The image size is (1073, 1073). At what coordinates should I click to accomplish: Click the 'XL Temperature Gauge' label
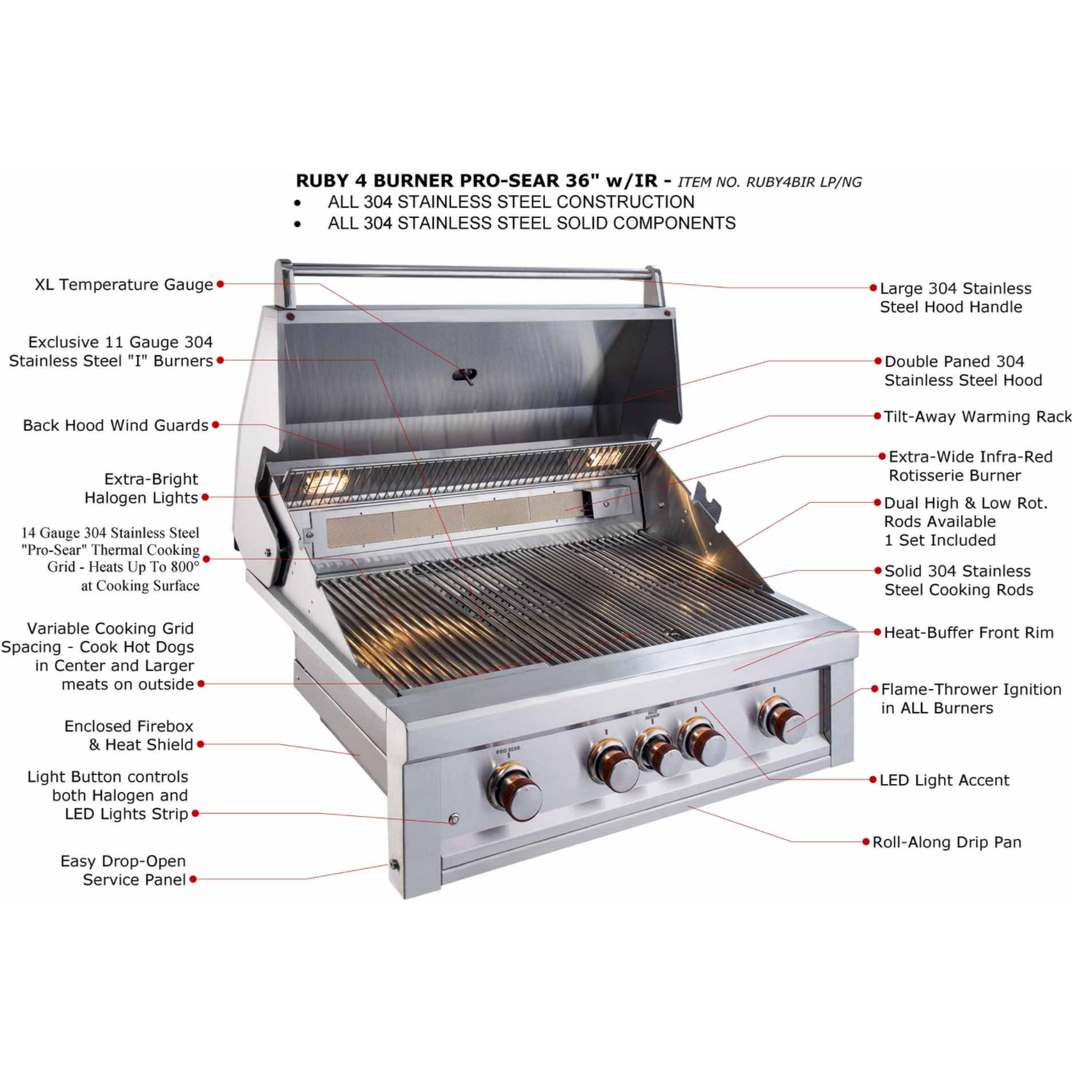point(123,285)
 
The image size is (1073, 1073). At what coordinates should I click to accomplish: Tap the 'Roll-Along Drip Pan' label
point(946,842)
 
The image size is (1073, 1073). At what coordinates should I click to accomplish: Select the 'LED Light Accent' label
point(944,780)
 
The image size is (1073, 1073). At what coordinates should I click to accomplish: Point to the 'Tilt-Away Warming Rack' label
point(977,417)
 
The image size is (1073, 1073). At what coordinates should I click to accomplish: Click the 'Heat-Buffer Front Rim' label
point(969,633)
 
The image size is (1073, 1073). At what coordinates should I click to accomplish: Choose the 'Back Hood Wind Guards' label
point(115,425)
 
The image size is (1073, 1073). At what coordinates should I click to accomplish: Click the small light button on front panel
point(454,820)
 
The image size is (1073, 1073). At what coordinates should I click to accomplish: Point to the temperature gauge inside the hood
point(464,375)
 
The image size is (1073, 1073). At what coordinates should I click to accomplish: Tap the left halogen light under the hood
point(329,482)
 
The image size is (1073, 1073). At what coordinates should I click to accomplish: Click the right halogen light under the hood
point(604,458)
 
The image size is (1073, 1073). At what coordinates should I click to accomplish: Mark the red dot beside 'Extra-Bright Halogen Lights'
point(205,498)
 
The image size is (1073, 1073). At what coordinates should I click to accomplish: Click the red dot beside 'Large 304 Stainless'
point(873,288)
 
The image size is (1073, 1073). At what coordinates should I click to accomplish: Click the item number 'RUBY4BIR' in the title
point(777,182)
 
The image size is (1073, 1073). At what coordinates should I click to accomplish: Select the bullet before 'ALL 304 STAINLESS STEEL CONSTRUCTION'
point(297,203)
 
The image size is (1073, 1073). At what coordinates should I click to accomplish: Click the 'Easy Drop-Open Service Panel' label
point(123,870)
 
